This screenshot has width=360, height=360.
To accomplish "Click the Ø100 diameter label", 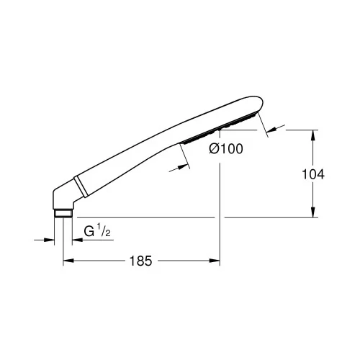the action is point(226,149).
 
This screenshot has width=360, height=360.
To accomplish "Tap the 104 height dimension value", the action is point(313,174).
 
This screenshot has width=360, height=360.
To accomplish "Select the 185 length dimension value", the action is point(140,261).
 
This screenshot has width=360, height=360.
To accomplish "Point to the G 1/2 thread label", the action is point(97,230).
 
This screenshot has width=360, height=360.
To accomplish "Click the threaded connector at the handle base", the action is point(63,214).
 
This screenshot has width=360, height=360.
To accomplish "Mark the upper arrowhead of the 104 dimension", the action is point(313,135).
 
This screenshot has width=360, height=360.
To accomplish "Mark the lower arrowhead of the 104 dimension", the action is point(313,212).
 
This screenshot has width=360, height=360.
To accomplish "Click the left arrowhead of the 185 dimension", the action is point(68,261).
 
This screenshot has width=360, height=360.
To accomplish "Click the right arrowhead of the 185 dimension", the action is point(215,261).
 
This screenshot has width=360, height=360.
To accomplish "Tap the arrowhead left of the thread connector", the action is point(49,240).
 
